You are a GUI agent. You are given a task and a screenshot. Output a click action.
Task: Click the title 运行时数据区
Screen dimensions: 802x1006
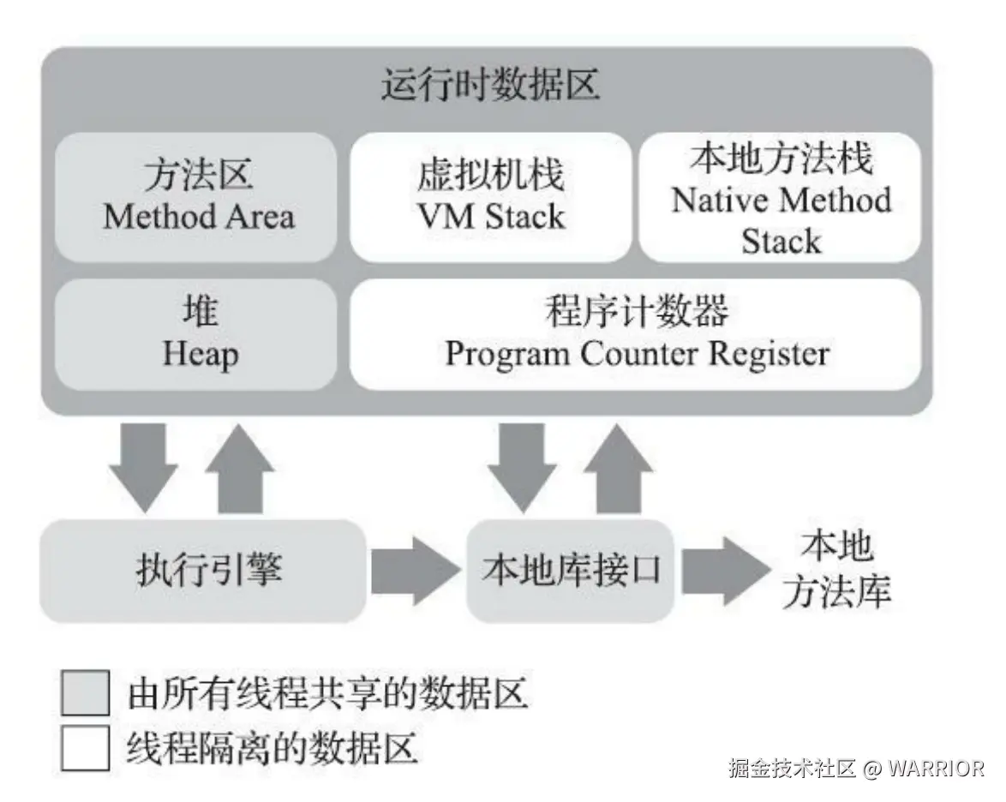[x=491, y=87]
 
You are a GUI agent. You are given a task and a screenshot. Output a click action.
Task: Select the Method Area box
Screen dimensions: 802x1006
[x=197, y=196]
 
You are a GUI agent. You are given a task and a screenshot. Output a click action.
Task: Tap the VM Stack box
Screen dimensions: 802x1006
[x=491, y=196]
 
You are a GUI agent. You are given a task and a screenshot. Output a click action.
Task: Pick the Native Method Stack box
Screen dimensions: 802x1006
[x=781, y=196]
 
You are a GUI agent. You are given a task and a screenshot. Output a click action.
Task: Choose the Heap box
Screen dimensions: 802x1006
[x=197, y=334]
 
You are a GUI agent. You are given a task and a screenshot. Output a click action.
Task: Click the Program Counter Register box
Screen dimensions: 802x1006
[x=636, y=334]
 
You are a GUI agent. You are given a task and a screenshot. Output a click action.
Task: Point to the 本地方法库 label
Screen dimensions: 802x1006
[x=835, y=570]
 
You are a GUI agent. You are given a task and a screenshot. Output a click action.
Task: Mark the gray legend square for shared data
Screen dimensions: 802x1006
[x=86, y=693]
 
